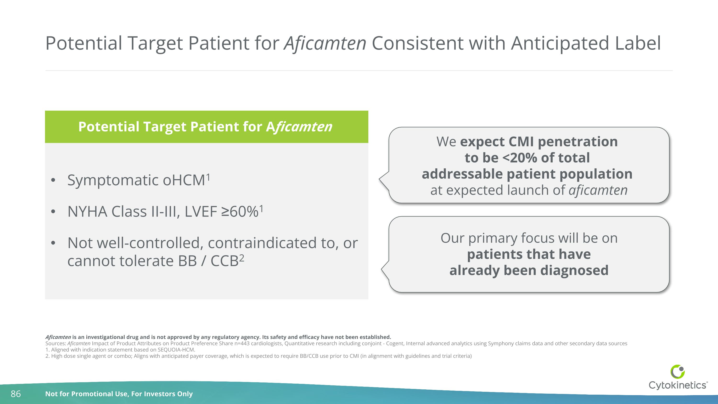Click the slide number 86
16,394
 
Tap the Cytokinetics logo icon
678,372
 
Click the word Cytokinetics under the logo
678,385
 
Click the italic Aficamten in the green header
299,127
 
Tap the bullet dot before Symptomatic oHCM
53,180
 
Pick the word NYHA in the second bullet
87,212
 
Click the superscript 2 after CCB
242,258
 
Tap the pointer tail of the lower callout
384,269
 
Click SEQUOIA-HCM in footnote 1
176,350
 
